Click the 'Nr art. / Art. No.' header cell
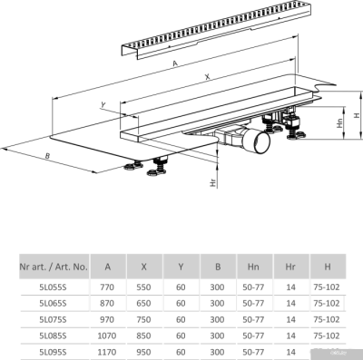point(54,268)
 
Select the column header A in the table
point(109,268)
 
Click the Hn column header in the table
point(254,268)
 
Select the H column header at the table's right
point(326,268)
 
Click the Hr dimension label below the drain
point(211,182)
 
